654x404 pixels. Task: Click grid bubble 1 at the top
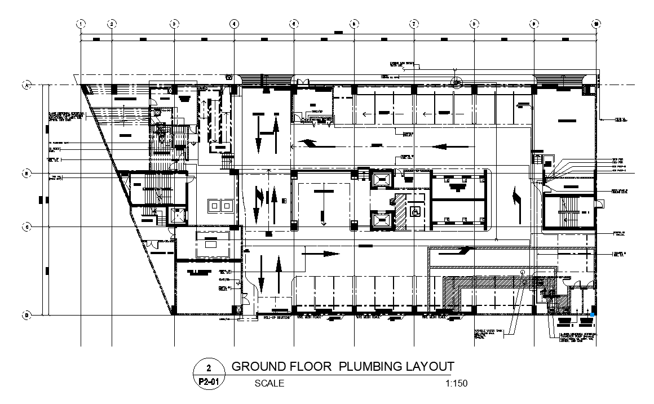click(x=81, y=24)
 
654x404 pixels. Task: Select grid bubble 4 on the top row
click(x=233, y=24)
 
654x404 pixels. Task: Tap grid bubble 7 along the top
click(x=414, y=24)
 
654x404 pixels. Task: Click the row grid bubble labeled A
click(x=25, y=85)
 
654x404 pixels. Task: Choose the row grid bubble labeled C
click(x=25, y=227)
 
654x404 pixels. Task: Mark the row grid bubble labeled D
click(x=25, y=315)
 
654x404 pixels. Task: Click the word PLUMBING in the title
click(x=372, y=367)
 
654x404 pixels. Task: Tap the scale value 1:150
click(x=456, y=384)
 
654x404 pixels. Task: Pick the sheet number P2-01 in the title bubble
click(x=209, y=382)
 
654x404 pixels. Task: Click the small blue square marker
click(x=593, y=314)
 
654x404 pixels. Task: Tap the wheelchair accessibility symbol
click(x=415, y=212)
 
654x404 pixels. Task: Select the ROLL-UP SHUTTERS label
click(x=277, y=318)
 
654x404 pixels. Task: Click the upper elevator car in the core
click(x=381, y=180)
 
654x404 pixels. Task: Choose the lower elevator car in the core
click(x=381, y=218)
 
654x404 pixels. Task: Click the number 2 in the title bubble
click(x=209, y=369)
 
